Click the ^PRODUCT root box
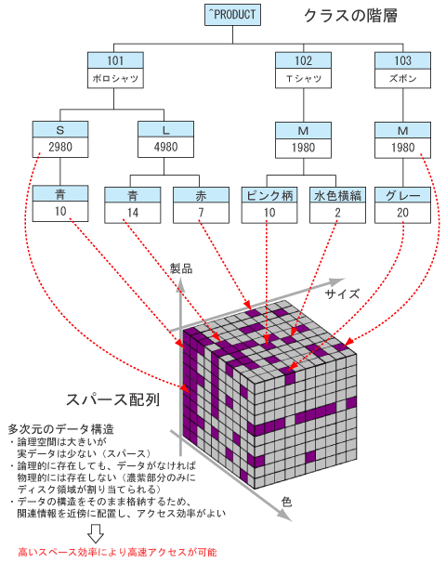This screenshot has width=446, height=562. (x=232, y=15)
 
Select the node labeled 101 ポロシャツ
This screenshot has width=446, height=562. (x=115, y=70)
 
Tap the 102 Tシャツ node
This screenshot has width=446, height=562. (x=303, y=70)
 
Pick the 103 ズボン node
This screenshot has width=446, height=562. (x=402, y=70)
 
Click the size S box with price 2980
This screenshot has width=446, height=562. (x=60, y=139)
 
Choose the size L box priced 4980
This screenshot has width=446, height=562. (x=165, y=139)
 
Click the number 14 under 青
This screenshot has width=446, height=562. (x=133, y=213)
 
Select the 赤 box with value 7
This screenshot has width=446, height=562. (x=201, y=205)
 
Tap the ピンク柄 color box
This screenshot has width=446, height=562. (x=269, y=205)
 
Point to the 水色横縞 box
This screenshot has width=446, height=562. (x=337, y=205)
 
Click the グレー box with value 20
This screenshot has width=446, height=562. (x=402, y=205)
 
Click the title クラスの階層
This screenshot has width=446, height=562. (x=350, y=16)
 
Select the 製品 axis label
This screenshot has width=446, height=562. (x=181, y=268)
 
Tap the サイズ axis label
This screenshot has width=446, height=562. (x=342, y=294)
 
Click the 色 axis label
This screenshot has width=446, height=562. (x=286, y=502)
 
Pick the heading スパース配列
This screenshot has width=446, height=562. (x=113, y=399)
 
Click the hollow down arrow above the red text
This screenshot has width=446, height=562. (x=96, y=534)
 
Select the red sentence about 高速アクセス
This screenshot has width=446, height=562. (x=118, y=552)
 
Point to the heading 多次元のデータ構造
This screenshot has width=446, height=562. (x=61, y=428)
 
